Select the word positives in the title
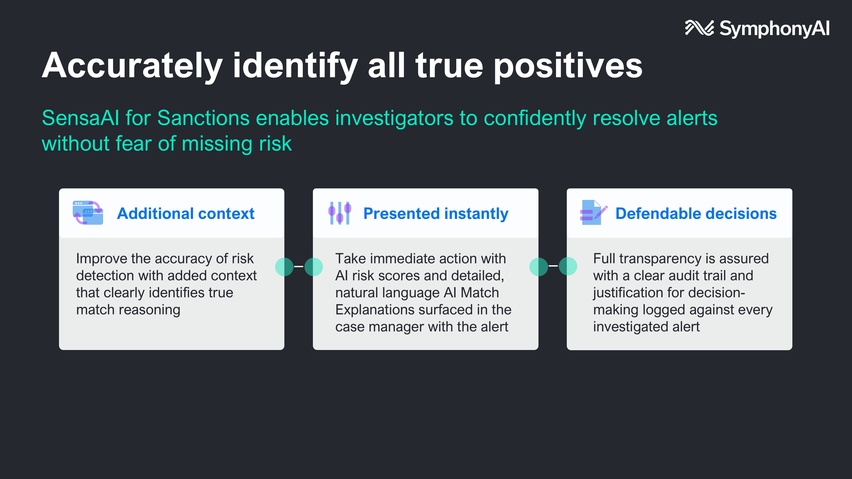pos(568,66)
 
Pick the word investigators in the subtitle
pos(394,119)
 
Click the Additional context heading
pos(186,214)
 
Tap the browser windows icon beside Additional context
pos(88,212)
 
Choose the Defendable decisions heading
pos(696,214)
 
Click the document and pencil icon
pos(594,212)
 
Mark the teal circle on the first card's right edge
pos(284,267)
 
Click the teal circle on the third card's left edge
pos(568,267)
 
